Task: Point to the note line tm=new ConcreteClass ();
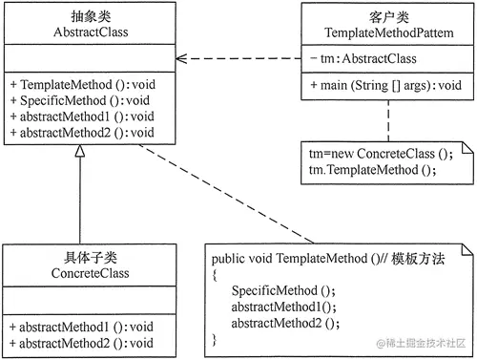click(x=363, y=154)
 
